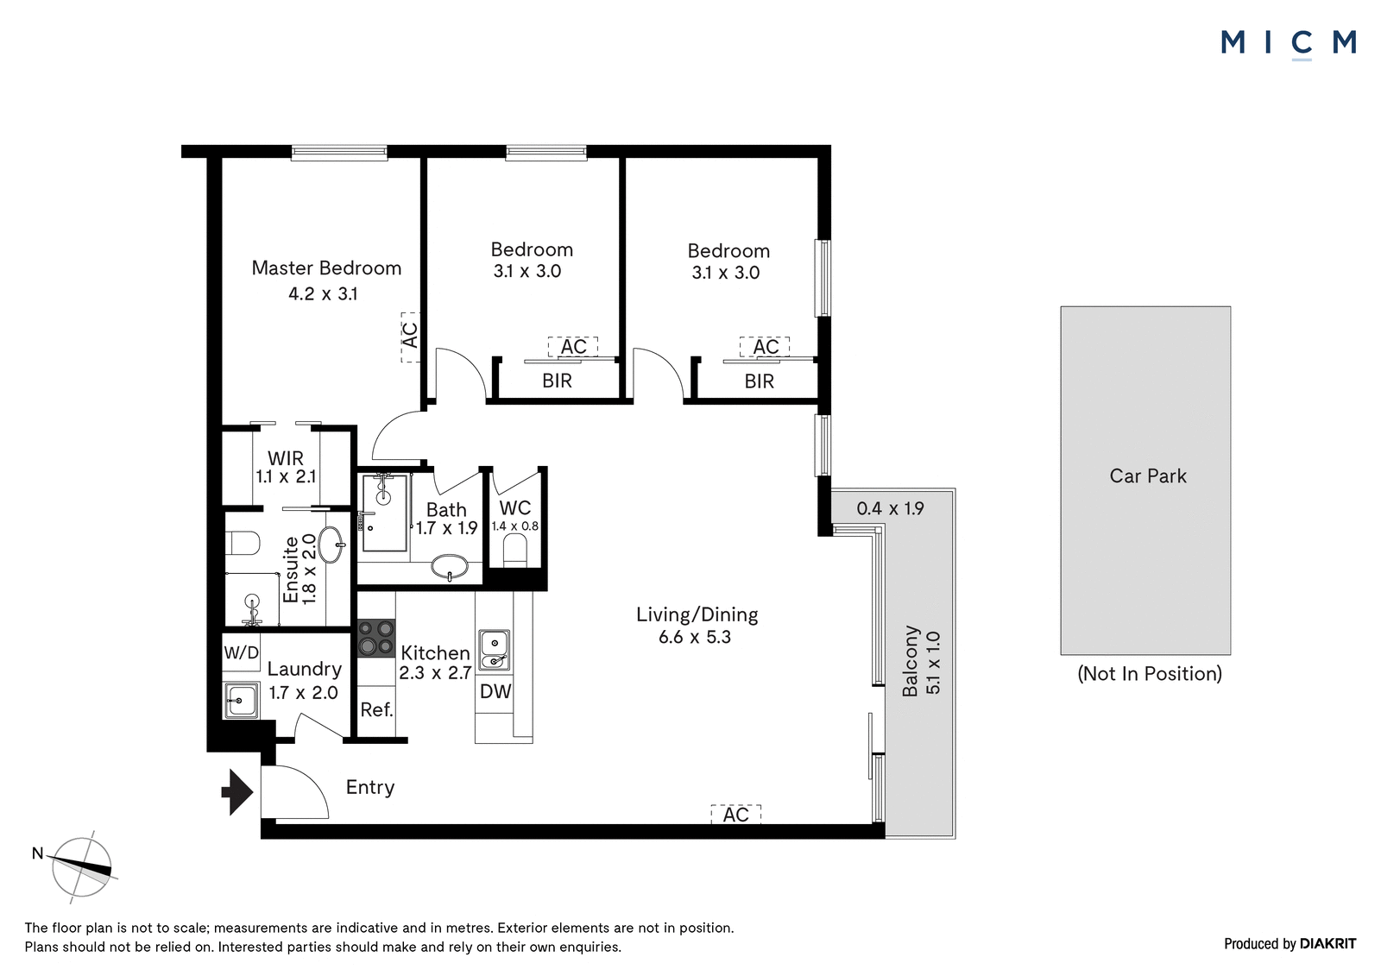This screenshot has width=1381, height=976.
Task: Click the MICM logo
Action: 1288,44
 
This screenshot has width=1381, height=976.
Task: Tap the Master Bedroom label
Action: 326,268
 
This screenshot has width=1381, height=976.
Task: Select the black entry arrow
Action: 237,792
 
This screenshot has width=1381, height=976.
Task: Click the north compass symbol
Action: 80,867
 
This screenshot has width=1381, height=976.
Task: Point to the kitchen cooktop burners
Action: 376,637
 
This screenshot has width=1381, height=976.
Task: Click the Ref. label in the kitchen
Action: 376,709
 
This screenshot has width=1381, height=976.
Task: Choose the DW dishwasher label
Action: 495,691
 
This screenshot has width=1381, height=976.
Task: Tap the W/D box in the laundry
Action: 241,652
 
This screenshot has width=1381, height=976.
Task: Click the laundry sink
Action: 241,701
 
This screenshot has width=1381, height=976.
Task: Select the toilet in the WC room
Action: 515,550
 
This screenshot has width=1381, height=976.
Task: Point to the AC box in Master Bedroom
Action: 410,337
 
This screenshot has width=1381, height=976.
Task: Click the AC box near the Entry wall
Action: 736,815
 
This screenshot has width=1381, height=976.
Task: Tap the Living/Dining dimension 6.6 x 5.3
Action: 695,637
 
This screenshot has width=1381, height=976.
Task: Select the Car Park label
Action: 1148,476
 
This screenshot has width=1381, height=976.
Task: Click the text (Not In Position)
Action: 1150,673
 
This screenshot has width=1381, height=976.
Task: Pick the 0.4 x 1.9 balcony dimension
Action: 890,508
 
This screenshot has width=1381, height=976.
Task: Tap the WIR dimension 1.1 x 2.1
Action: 286,476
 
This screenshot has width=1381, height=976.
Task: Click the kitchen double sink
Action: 495,650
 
